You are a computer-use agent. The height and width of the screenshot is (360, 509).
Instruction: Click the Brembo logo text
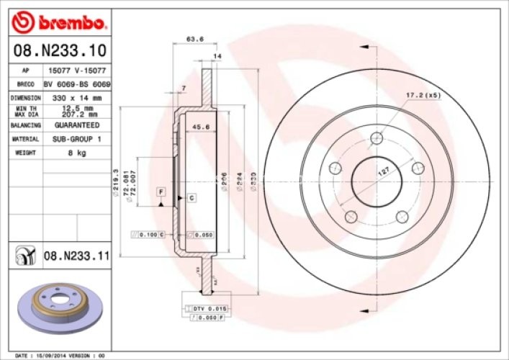click(70, 24)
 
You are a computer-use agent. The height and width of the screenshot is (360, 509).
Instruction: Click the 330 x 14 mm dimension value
click(75, 97)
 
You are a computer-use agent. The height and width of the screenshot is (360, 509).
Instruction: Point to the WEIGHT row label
click(25, 153)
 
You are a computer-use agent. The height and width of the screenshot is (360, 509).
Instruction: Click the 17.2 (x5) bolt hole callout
click(423, 94)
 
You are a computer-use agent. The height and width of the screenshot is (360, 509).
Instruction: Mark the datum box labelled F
click(161, 192)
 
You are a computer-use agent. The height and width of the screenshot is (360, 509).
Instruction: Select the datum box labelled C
click(192, 197)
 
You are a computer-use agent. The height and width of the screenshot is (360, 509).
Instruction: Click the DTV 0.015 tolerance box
click(210, 308)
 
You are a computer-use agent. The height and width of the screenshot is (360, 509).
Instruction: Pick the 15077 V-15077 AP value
click(75, 71)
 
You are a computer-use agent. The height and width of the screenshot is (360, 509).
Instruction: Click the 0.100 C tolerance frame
click(148, 235)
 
